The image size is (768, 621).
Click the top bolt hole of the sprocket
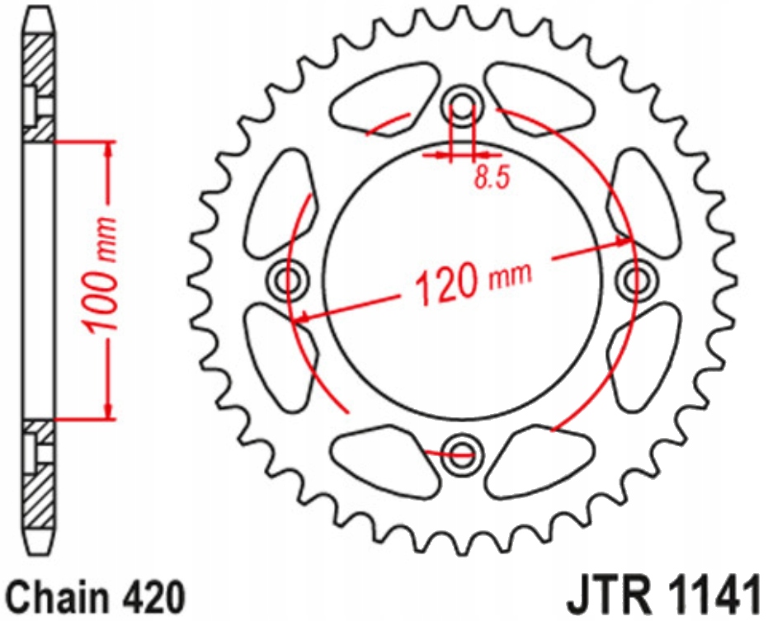(x=461, y=106)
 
